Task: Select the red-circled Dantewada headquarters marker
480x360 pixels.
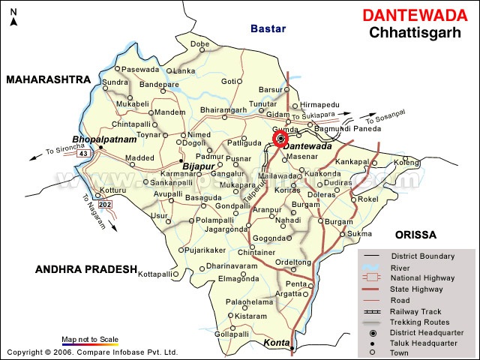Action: click(x=280, y=139)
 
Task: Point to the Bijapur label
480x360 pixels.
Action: click(x=198, y=166)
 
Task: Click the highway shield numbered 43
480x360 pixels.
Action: click(x=83, y=154)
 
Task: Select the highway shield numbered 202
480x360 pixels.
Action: click(x=105, y=204)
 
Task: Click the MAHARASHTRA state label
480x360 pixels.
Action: click(x=48, y=79)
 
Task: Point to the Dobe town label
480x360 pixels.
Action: click(x=200, y=44)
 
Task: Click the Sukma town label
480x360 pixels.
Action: click(x=359, y=234)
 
